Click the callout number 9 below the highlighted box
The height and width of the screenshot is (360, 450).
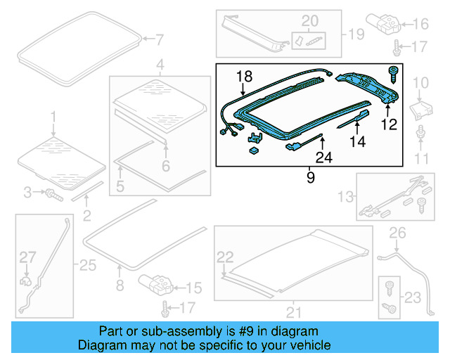point(310,179)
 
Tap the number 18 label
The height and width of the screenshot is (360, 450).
point(244,76)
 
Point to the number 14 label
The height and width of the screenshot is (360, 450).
point(357,141)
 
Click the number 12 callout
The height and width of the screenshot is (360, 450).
point(389,124)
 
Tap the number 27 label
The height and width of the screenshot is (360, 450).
point(26,257)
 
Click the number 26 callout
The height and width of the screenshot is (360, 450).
point(397,233)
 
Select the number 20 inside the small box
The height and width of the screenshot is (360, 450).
point(309,20)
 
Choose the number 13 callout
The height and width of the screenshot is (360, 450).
point(347,195)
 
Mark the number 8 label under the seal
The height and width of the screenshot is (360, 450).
point(120,285)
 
